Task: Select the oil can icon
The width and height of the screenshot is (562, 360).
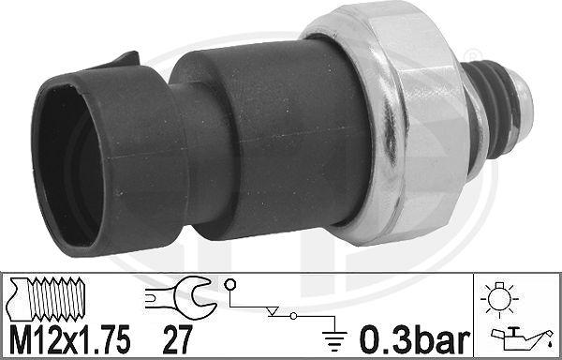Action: click(x=513, y=335)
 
